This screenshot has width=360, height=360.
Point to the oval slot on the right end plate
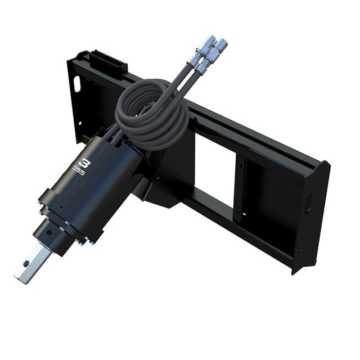click(309, 203)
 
